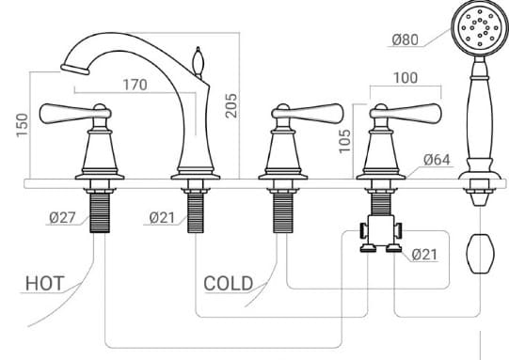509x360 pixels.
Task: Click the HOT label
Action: pyautogui.click(x=45, y=282)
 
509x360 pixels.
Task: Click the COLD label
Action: pyautogui.click(x=229, y=282)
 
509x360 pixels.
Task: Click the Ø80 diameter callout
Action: pyautogui.click(x=406, y=39)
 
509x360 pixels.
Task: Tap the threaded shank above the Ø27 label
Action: pyautogui.click(x=100, y=211)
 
